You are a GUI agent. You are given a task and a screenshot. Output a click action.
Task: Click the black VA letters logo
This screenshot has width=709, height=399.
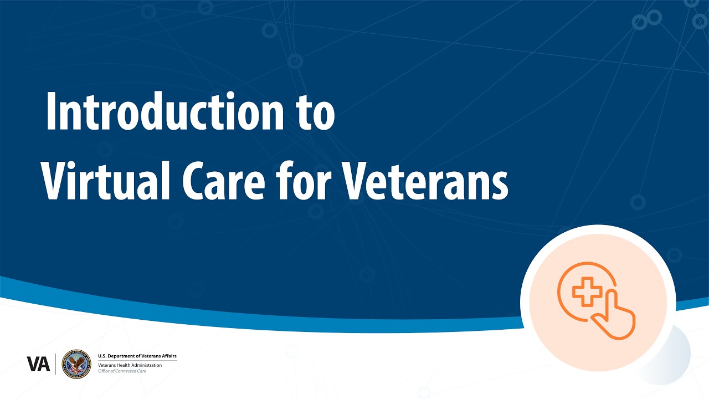click(38, 364)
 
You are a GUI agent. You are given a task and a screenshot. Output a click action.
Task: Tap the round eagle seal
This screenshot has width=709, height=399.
click(76, 364)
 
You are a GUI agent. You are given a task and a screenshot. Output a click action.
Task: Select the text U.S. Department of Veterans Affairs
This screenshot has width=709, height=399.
click(137, 356)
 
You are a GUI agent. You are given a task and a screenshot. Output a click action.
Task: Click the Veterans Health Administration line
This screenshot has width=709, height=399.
click(130, 365)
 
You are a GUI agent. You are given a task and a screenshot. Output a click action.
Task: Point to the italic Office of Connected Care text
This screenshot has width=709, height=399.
click(122, 371)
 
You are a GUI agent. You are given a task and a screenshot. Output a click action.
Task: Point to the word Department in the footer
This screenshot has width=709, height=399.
click(122, 356)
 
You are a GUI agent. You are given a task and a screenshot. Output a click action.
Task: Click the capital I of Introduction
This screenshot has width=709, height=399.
click(50, 112)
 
